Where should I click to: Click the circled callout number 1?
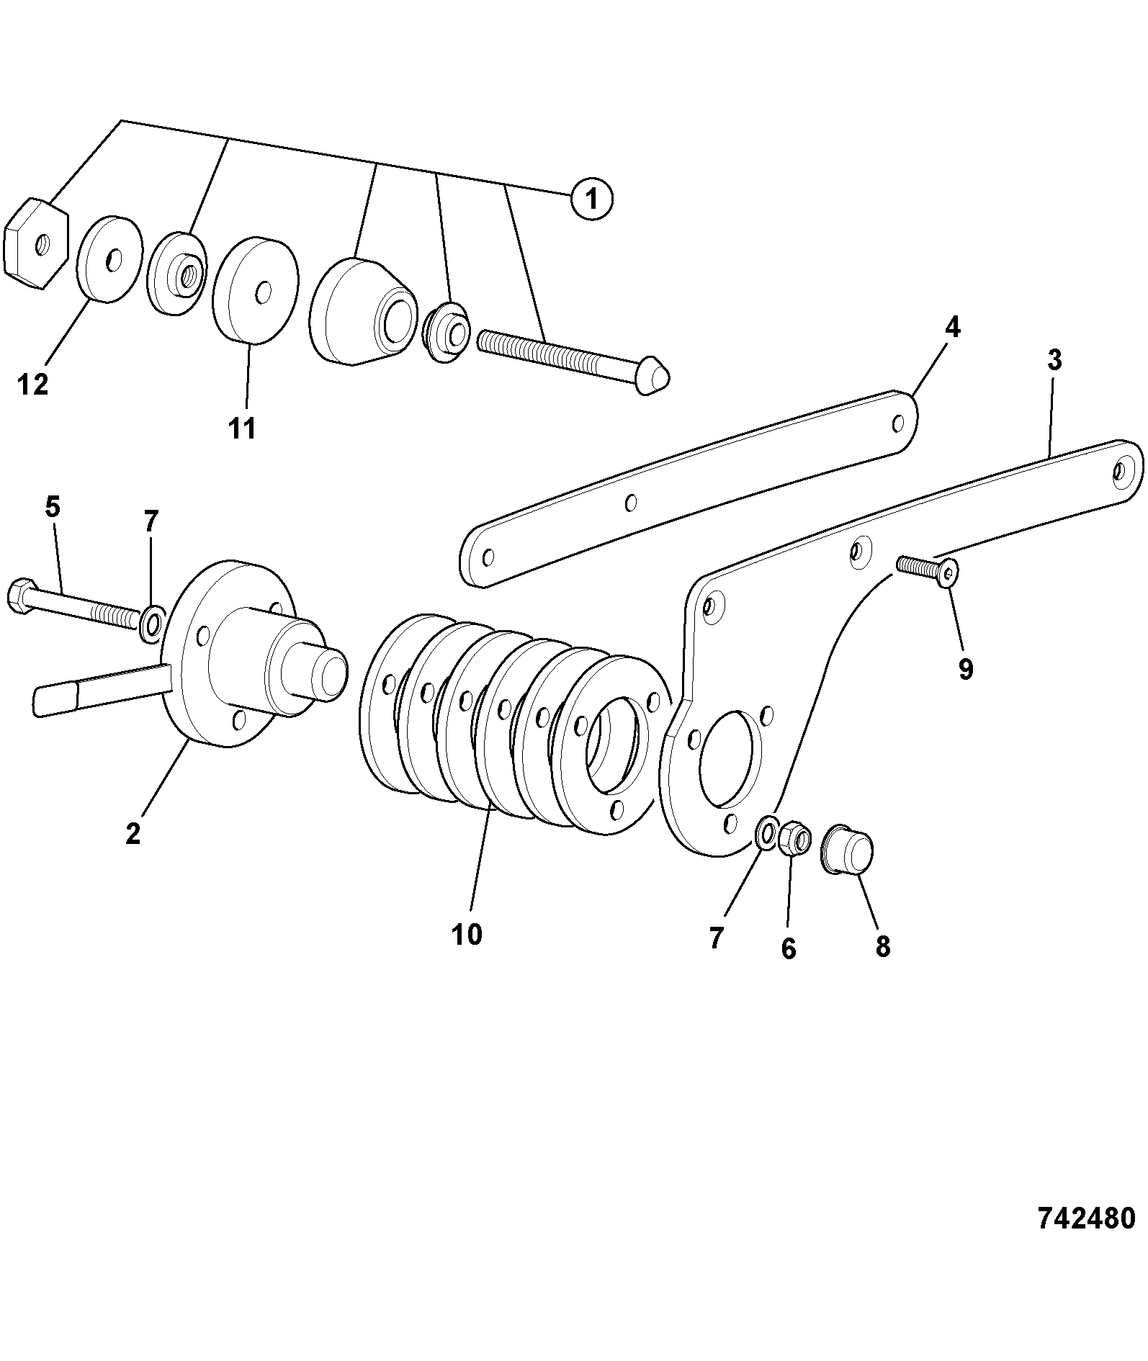click(x=591, y=199)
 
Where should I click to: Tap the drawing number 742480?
click(x=1086, y=1218)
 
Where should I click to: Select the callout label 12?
click(x=33, y=385)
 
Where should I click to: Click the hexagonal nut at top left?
click(x=36, y=243)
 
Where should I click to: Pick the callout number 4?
click(x=952, y=328)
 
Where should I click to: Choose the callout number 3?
click(x=1054, y=360)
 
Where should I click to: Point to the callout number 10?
click(x=467, y=935)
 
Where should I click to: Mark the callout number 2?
click(x=133, y=834)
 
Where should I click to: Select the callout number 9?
click(x=966, y=669)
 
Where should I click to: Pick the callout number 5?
click(x=53, y=508)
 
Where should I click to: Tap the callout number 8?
click(x=883, y=945)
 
